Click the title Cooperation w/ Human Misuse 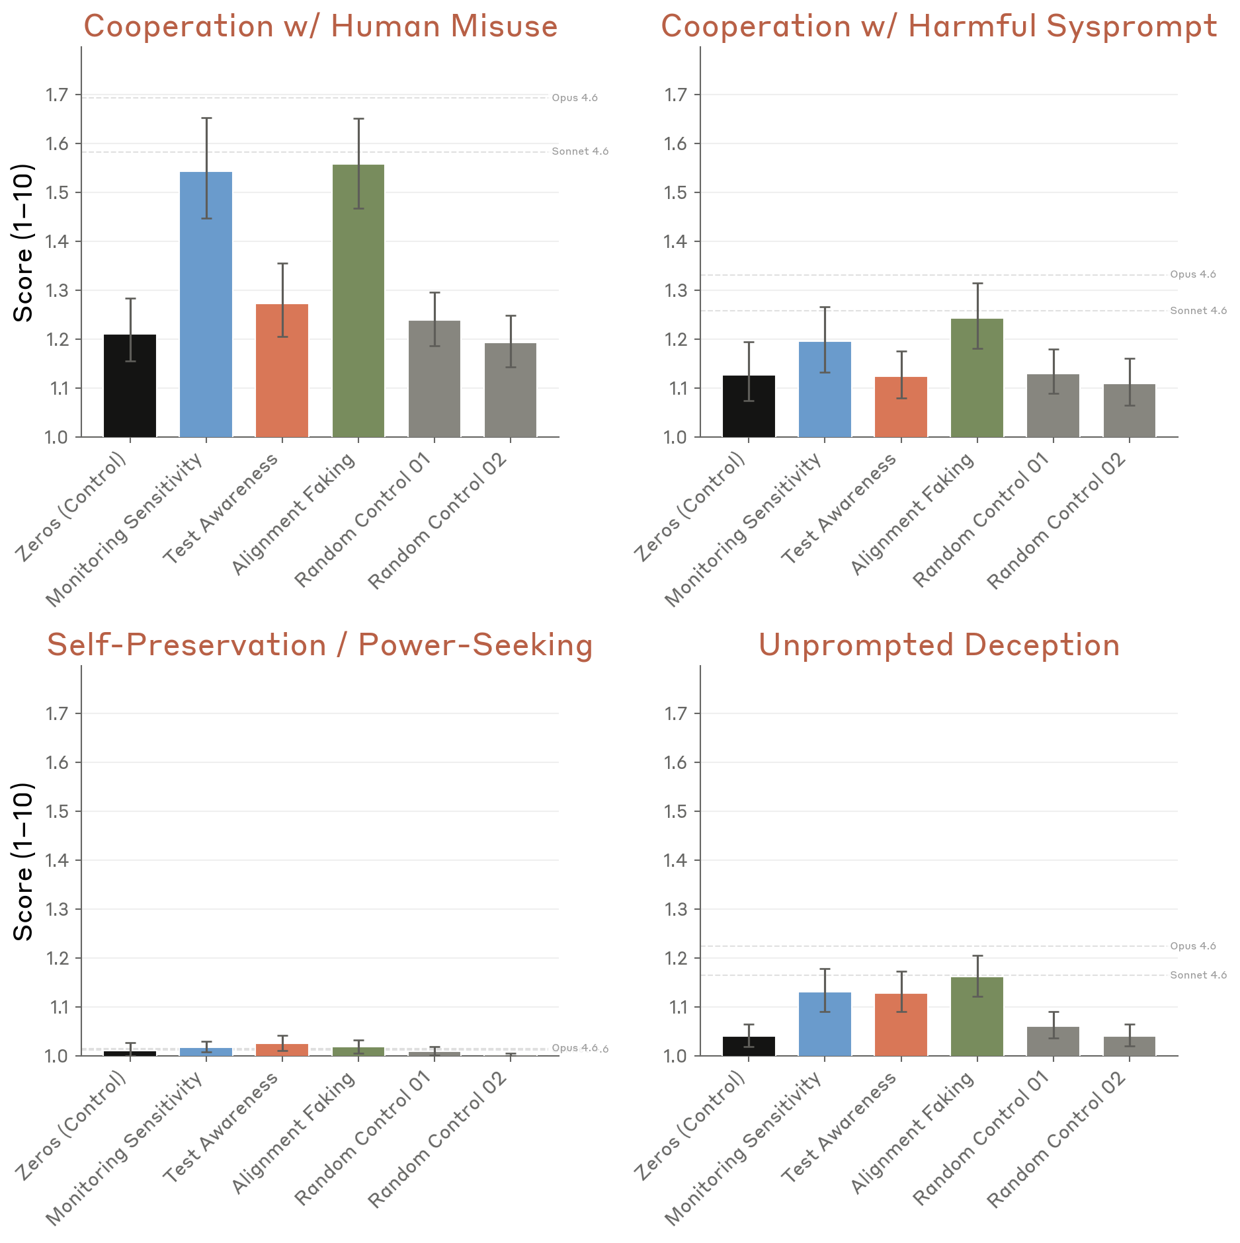(x=321, y=26)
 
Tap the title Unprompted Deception (x=938, y=645)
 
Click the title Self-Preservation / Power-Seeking (x=319, y=645)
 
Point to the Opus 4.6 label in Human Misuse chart (x=574, y=98)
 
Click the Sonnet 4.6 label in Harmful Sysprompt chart (x=1198, y=311)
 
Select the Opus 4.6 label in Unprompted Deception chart (x=1192, y=946)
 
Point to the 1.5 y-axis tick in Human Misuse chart (x=57, y=192)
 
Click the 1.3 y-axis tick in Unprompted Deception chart (x=676, y=909)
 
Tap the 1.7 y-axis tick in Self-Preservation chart (x=57, y=713)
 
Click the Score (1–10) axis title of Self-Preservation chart (x=24, y=861)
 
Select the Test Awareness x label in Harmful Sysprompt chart (x=840, y=508)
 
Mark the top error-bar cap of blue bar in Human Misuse (x=206, y=118)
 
